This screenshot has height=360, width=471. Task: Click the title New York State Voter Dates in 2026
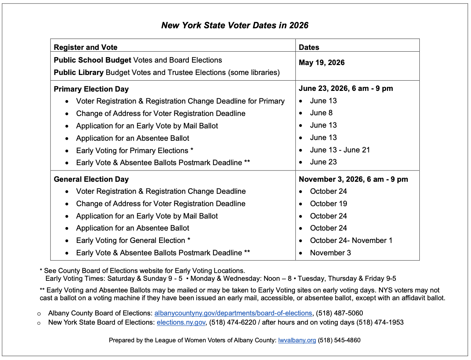coord(235,25)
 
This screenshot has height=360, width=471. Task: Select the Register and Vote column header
coord(86,47)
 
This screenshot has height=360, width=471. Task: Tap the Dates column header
coord(309,47)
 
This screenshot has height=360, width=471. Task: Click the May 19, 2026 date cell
coord(321,63)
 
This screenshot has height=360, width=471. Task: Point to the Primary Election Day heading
coord(91,89)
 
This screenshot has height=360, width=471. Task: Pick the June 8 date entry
coord(321,113)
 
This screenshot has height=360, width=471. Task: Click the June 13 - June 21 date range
coord(340,150)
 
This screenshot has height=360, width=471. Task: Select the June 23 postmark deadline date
coord(323,162)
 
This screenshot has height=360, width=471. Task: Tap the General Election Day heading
coord(91,179)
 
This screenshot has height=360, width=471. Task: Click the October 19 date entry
coord(328,204)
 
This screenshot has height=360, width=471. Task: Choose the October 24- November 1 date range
coord(351,240)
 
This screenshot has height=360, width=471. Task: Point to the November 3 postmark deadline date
coord(330,253)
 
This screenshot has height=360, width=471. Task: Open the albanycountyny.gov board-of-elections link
coord(233,313)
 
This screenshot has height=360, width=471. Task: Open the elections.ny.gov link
coord(181,323)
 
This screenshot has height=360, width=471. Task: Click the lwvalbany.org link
coord(297,340)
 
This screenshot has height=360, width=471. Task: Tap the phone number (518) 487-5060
coord(339,313)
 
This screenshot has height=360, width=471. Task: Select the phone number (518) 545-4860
coord(339,340)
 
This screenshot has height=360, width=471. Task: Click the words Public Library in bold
coord(78,72)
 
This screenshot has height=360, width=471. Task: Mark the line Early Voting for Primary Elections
coord(134,151)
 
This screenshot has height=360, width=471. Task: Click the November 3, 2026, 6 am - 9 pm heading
coord(353,179)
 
